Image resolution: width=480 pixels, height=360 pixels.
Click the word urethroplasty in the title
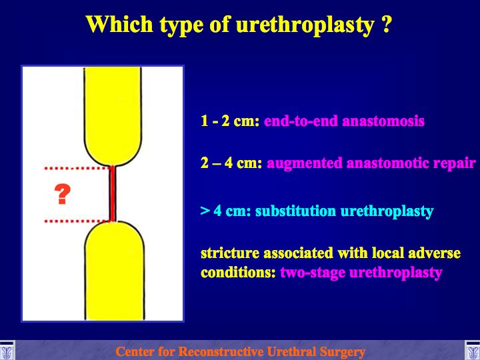(305, 25)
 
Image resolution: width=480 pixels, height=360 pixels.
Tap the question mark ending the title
(387, 23)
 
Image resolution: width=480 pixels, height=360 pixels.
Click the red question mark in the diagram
(63, 194)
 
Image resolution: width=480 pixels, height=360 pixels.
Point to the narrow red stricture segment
(113, 193)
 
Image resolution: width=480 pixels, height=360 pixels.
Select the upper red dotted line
(77, 168)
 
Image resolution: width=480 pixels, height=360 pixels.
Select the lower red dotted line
(77, 221)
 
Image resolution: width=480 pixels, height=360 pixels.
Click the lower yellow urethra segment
(115, 271)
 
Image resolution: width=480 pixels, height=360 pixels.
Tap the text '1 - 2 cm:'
(230, 121)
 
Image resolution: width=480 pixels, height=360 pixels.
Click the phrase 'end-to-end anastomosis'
(344, 121)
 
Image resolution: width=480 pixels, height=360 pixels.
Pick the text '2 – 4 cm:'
(231, 163)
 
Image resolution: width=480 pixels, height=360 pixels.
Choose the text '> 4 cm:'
(226, 211)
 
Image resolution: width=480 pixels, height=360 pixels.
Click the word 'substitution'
(296, 211)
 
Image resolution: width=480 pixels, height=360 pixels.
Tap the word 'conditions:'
(238, 273)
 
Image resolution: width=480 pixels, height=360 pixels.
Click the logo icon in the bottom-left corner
(7, 351)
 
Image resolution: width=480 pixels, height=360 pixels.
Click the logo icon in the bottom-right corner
(473, 351)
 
